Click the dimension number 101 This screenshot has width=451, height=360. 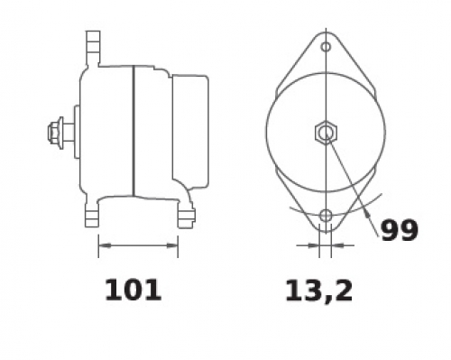(x=133, y=291)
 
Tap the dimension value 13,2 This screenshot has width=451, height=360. (x=318, y=291)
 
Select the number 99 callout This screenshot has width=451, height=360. (x=400, y=230)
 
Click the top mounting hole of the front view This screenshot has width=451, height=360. (x=326, y=47)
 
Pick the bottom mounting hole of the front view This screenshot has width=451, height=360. (x=326, y=216)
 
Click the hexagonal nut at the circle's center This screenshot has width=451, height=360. (x=326, y=132)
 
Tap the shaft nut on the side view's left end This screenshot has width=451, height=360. (x=53, y=133)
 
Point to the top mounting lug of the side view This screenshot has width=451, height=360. (x=93, y=48)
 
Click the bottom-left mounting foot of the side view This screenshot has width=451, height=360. (x=92, y=215)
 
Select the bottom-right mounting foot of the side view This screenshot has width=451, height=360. (x=186, y=217)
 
